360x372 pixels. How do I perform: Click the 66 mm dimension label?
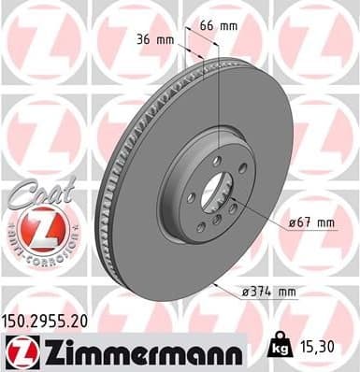pos(217,26)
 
